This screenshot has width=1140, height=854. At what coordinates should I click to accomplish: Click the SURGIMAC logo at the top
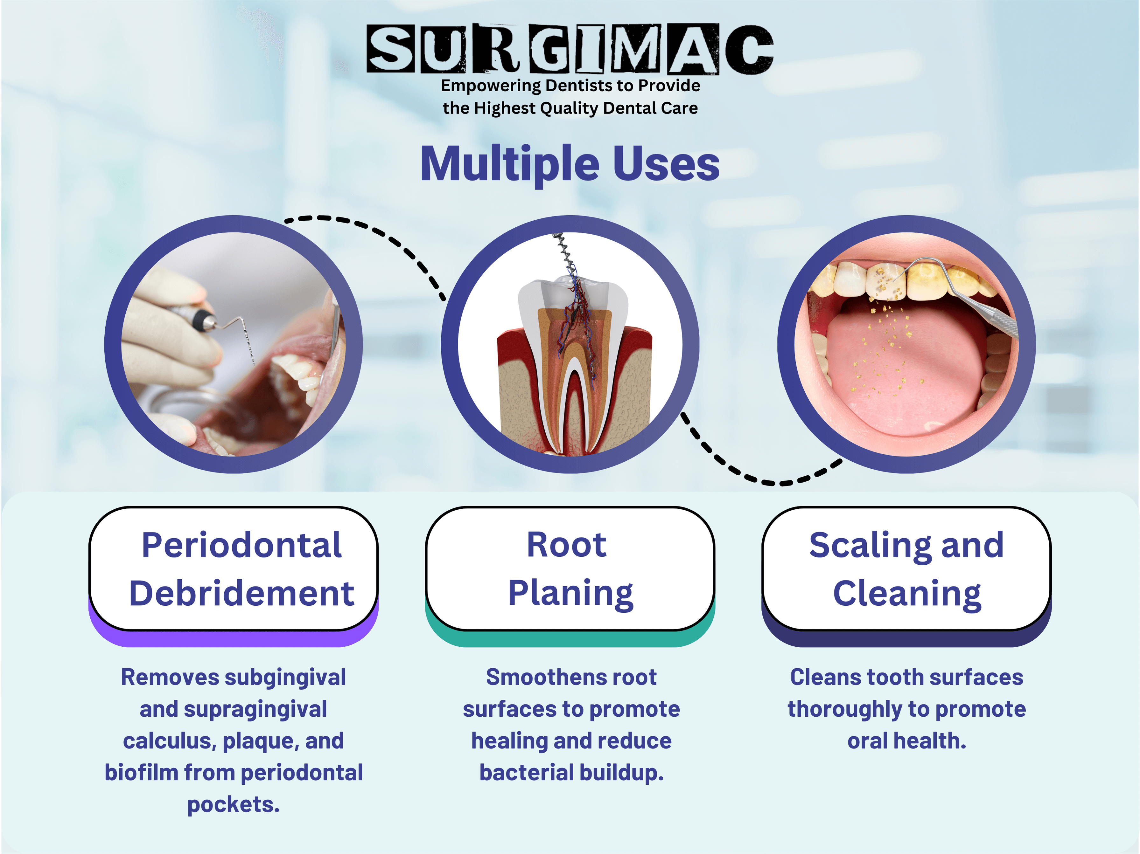(570, 48)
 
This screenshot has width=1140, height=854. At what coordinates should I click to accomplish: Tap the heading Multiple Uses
(570, 164)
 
